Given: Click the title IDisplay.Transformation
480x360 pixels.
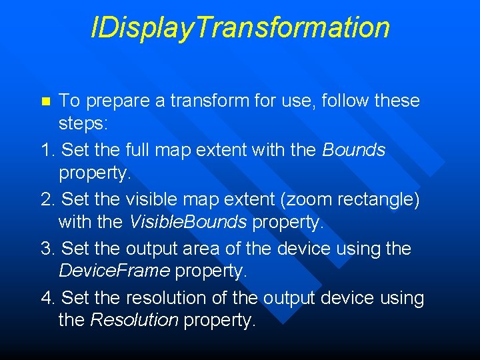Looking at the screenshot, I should [240, 28].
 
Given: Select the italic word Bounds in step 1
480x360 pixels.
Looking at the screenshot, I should [353, 151].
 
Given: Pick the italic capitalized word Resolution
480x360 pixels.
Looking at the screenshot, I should [134, 320].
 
